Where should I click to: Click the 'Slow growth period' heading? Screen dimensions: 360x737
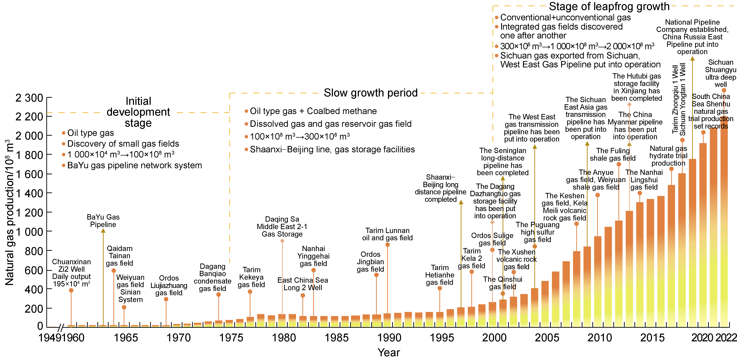coord(371,93)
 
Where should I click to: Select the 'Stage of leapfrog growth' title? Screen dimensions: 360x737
coord(609,6)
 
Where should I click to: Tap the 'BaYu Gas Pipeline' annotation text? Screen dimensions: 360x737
coord(103,221)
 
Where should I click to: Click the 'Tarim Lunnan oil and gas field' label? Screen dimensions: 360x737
coord(387,234)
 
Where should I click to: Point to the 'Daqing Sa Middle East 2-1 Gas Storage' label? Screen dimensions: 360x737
coord(282,226)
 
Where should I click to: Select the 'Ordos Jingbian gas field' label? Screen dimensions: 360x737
coord(371,262)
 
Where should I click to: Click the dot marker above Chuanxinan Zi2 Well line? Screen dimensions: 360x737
coord(71,290)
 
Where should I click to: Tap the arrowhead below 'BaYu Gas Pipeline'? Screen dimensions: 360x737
coord(103,231)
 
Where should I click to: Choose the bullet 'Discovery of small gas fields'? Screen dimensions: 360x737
coord(123,143)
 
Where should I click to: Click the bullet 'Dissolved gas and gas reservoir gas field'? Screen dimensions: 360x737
coord(330,124)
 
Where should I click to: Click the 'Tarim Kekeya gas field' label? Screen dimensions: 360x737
coord(251,277)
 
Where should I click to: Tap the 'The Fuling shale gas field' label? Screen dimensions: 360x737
coord(613,154)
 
